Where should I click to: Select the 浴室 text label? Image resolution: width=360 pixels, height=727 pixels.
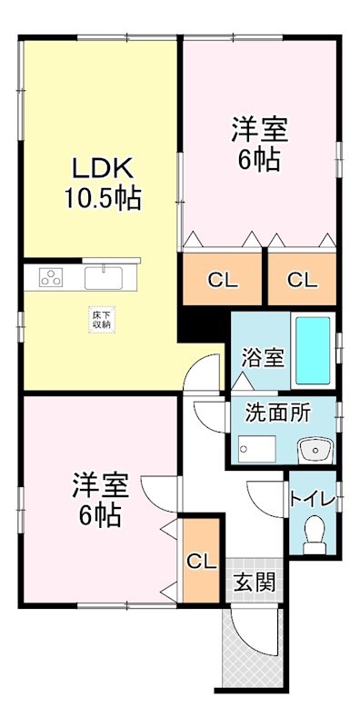coord(263,357)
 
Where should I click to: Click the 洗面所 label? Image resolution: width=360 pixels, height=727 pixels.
coord(277,412)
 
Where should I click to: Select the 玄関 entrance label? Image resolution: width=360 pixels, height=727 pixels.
coord(255,582)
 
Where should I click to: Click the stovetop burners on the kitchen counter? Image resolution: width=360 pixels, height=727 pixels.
coord(50,278)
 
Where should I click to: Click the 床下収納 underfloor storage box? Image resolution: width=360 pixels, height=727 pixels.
coord(101,318)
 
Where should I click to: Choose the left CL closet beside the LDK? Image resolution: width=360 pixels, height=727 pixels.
coord(223,280)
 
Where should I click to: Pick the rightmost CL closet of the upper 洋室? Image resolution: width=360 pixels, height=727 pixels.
coord(303,280)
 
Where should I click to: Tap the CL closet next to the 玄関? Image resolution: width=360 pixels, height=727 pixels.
coord(201,561)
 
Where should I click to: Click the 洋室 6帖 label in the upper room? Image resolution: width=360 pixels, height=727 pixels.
coord(259,144)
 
